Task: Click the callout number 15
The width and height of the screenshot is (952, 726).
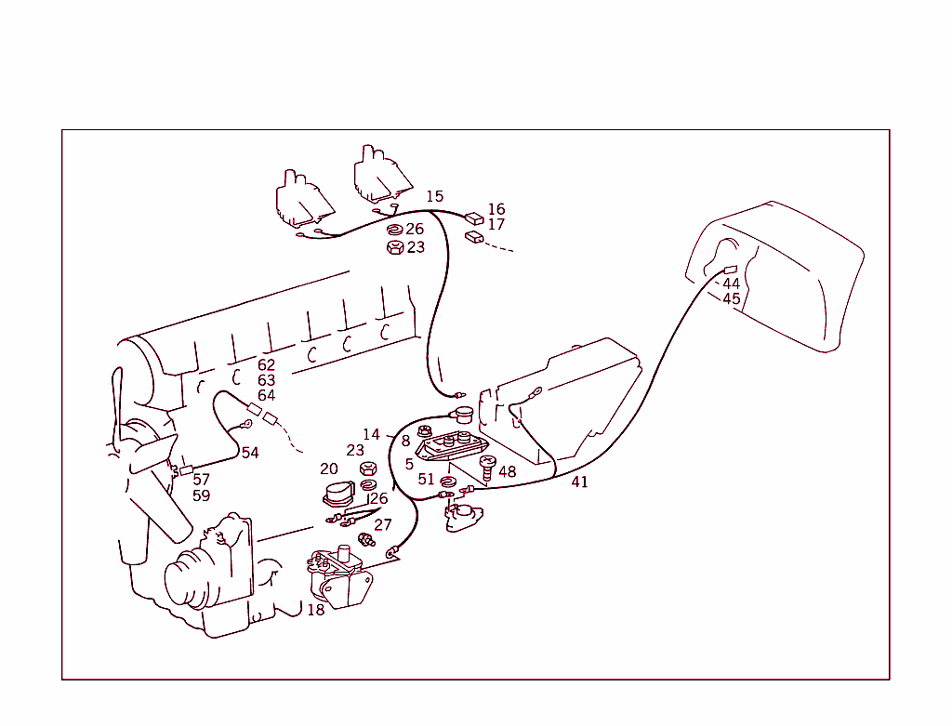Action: [x=435, y=196]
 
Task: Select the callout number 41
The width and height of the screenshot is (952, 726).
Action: [x=579, y=482]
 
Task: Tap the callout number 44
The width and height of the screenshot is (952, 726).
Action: [x=731, y=284]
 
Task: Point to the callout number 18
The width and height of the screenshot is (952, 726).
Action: [x=316, y=610]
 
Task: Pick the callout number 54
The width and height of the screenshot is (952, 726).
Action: [x=250, y=453]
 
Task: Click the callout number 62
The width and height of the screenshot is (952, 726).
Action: [x=267, y=365]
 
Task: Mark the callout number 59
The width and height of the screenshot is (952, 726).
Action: [x=201, y=495]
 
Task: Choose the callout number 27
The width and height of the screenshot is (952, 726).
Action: [x=383, y=524]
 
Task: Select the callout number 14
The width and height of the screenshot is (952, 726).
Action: [x=371, y=434]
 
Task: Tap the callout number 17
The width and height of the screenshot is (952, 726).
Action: [x=496, y=224]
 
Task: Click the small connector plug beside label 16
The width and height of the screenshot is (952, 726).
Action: [x=474, y=218]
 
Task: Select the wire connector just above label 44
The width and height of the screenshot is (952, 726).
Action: [x=730, y=270]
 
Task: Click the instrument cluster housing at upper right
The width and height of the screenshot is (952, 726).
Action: [x=781, y=274]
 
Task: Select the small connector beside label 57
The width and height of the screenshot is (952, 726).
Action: [x=185, y=469]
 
